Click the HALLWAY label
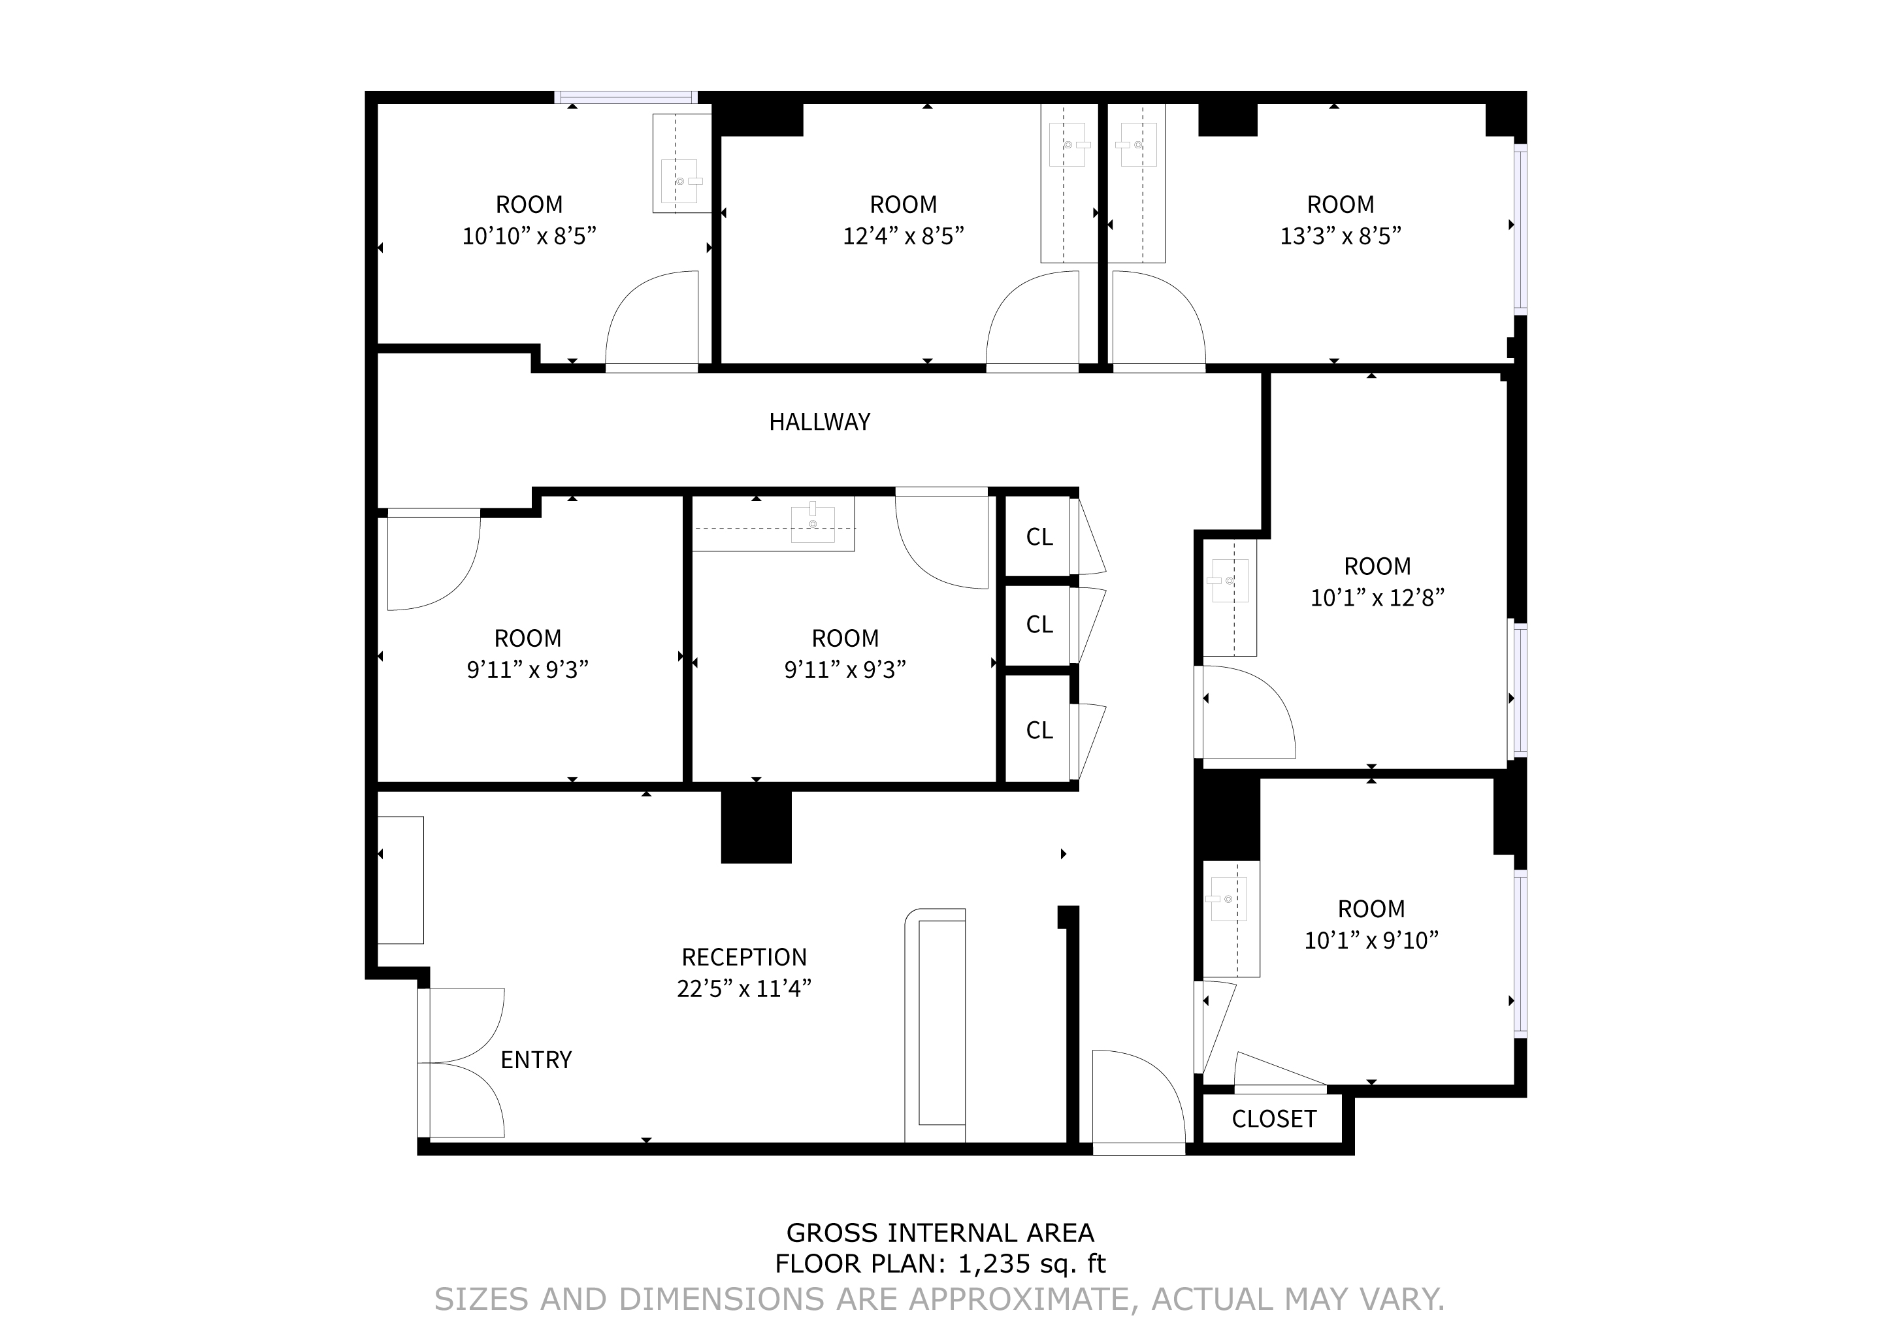click(x=819, y=422)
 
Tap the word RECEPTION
click(x=744, y=956)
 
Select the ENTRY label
click(x=536, y=1060)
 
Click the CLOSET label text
click(x=1274, y=1119)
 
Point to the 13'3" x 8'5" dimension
click(x=1341, y=237)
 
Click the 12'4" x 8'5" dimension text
click(x=903, y=237)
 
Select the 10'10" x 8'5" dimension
click(x=529, y=237)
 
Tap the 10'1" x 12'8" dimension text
click(x=1377, y=597)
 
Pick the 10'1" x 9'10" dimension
click(x=1371, y=940)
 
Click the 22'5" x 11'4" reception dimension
click(x=744, y=988)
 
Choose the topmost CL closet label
click(x=1039, y=537)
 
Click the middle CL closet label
click(x=1039, y=625)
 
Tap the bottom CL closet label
click(x=1039, y=730)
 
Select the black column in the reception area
click(x=757, y=826)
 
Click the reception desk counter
click(x=936, y=1026)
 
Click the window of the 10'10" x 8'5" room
click(x=627, y=97)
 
